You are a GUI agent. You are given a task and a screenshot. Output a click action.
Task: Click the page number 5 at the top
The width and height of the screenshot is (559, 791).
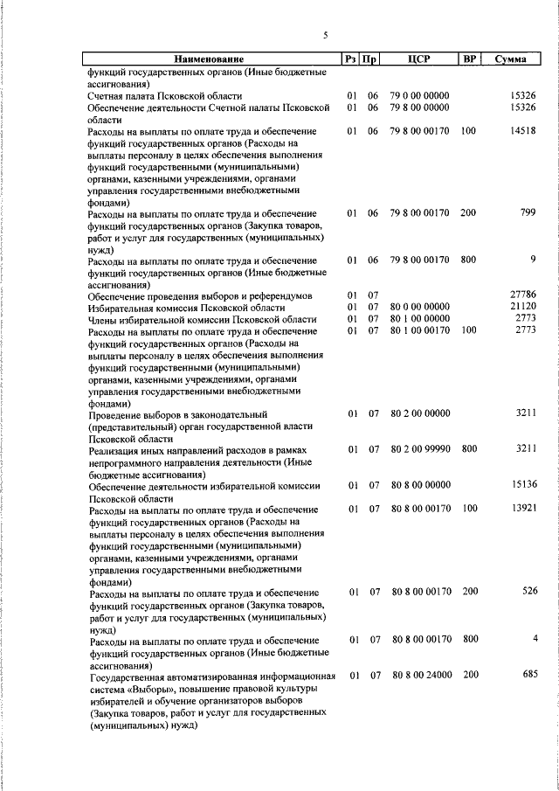325,35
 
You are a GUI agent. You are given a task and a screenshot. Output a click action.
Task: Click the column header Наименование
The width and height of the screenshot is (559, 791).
208,59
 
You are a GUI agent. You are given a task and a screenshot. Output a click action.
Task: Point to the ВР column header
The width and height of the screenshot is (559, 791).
469,59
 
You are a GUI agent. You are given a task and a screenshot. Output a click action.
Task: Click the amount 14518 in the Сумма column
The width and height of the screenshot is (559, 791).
522,131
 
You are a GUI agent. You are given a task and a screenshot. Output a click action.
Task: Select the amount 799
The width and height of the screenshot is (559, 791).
528,212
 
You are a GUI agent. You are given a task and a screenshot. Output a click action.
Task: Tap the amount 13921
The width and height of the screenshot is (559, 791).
522,508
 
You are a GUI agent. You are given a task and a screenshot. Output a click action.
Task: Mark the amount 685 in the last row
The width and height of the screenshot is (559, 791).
528,675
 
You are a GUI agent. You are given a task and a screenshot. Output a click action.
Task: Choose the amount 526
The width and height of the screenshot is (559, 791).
528,592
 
